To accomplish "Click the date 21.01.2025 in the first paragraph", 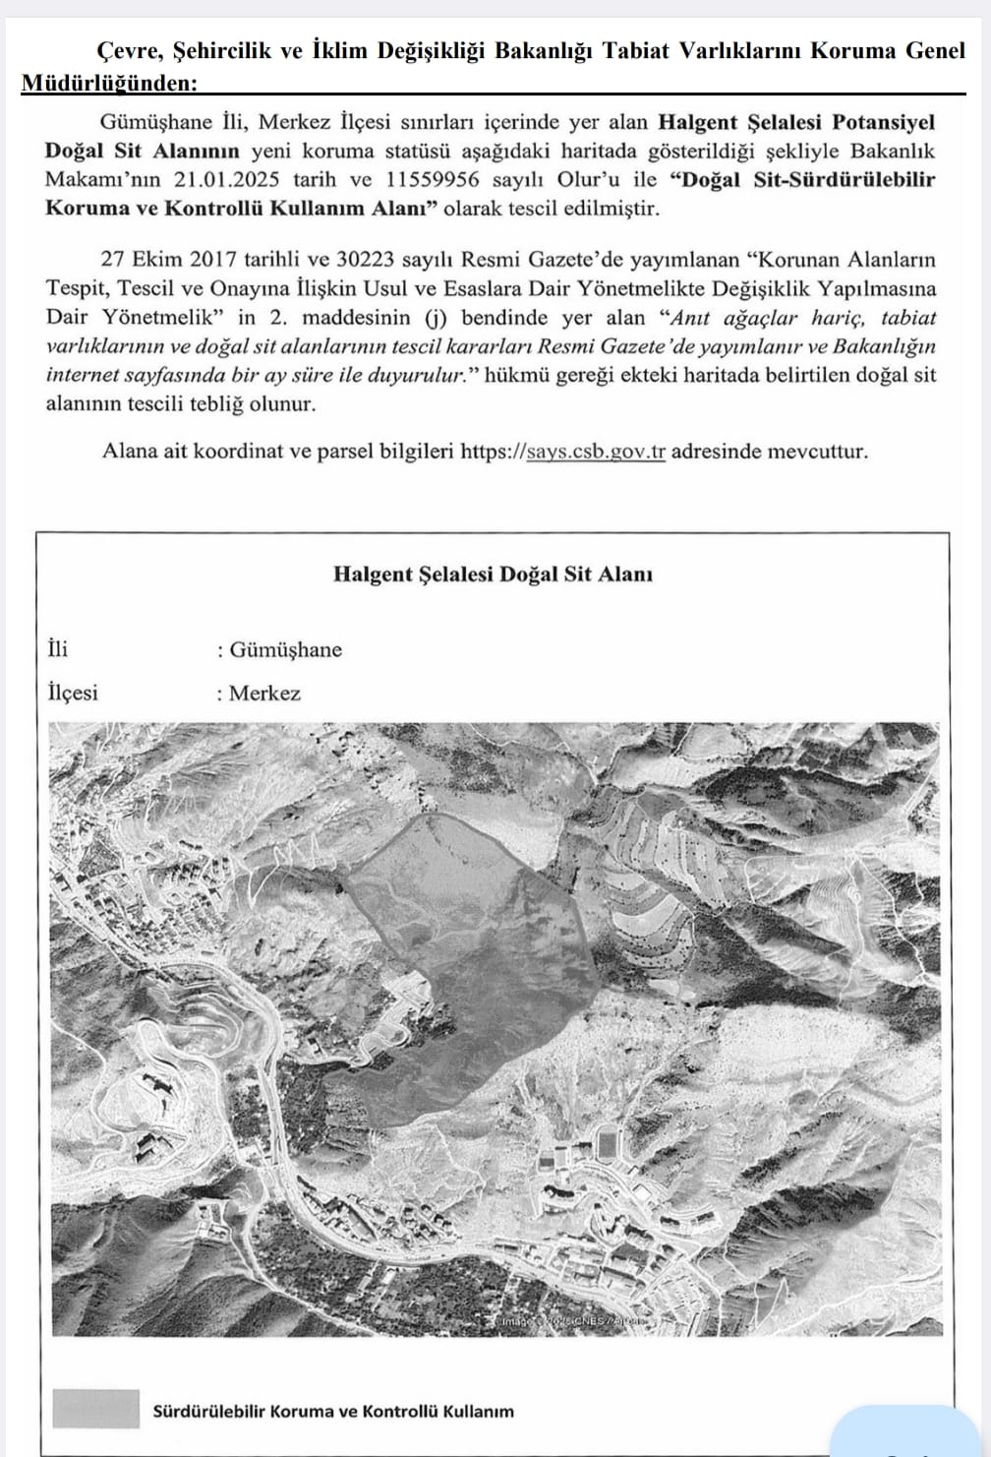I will [227, 180].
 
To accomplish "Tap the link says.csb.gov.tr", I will [596, 452].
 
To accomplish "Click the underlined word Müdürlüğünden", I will [108, 84].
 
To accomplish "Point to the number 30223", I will [370, 260].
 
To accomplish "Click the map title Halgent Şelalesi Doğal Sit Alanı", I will [493, 574].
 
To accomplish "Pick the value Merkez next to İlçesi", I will [264, 694].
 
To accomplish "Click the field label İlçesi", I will [74, 694].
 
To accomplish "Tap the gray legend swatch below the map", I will [94, 1408].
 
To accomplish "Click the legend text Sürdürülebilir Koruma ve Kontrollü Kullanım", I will [333, 1411].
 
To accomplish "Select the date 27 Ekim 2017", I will [170, 260].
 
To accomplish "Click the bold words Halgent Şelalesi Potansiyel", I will [795, 123].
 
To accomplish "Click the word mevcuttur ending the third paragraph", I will [819, 452].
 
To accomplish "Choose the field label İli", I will [58, 650].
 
